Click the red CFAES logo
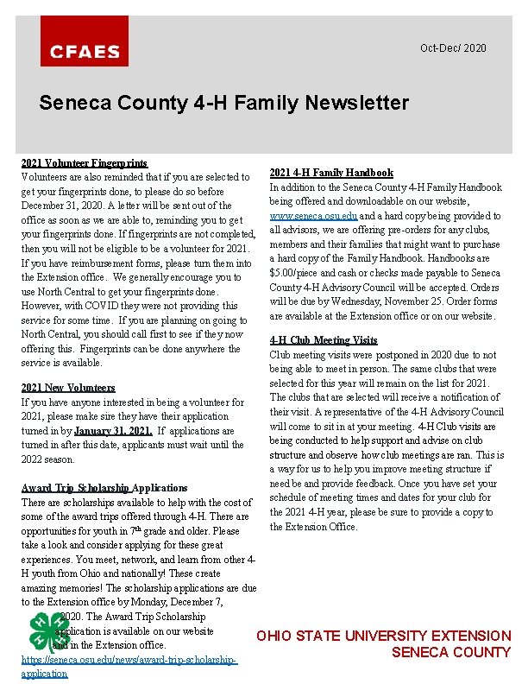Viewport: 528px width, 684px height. click(x=85, y=41)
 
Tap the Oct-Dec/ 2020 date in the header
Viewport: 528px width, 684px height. click(x=453, y=48)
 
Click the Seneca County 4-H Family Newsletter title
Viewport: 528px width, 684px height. click(x=224, y=104)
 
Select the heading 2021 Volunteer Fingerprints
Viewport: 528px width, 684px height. click(x=85, y=162)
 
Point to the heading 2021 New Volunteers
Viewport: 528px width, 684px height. click(x=68, y=388)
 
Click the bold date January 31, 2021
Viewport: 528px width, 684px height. click(x=113, y=431)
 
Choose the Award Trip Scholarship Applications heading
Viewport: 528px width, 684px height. click(x=104, y=488)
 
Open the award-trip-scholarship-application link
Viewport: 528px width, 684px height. click(x=129, y=666)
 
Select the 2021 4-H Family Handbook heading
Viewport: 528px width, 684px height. click(x=331, y=173)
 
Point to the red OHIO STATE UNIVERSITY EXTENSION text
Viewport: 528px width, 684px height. click(x=384, y=636)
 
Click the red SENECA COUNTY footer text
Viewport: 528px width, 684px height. click(x=451, y=653)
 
